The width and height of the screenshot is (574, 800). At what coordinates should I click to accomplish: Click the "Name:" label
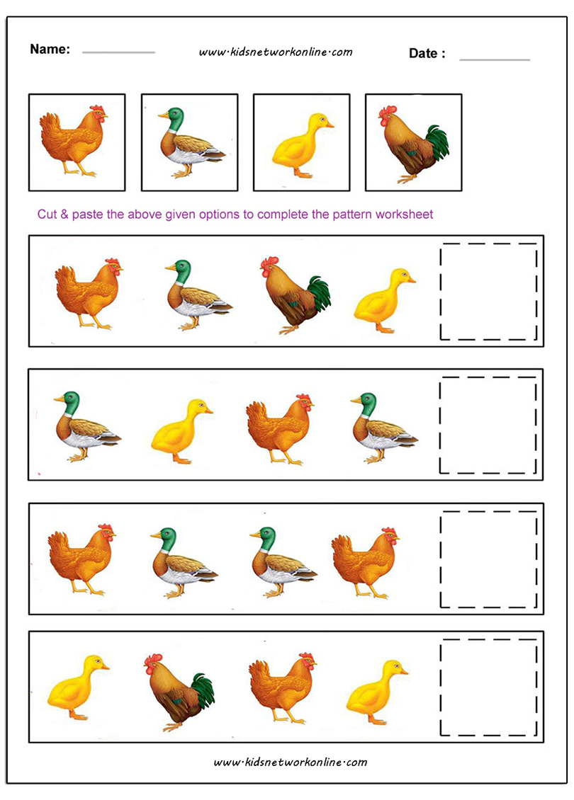[x=50, y=49]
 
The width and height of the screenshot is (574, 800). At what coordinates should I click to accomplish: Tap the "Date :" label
[x=427, y=54]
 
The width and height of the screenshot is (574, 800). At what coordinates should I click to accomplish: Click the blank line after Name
[x=118, y=52]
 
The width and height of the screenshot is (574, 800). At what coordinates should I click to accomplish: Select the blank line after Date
[x=495, y=59]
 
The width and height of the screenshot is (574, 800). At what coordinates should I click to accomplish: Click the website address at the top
[x=276, y=52]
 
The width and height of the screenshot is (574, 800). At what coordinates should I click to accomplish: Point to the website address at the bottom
[x=290, y=762]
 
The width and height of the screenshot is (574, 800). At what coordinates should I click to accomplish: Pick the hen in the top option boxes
[x=73, y=140]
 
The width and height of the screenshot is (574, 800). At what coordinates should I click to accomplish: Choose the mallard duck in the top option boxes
[x=191, y=142]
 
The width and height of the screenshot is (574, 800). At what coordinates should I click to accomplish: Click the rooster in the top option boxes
[x=413, y=144]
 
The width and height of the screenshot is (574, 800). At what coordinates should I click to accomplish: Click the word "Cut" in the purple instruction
[x=47, y=215]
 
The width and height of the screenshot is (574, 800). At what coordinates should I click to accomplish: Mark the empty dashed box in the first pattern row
[x=489, y=291]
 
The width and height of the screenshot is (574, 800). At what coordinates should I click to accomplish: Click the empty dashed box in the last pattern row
[x=489, y=687]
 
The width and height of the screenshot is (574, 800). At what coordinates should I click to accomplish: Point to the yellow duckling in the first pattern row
[x=385, y=301]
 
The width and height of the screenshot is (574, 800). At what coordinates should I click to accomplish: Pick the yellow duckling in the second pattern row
[x=182, y=431]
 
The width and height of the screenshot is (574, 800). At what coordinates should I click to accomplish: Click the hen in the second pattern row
[x=279, y=429]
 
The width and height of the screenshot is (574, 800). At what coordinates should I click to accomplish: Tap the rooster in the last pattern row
[x=179, y=692]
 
